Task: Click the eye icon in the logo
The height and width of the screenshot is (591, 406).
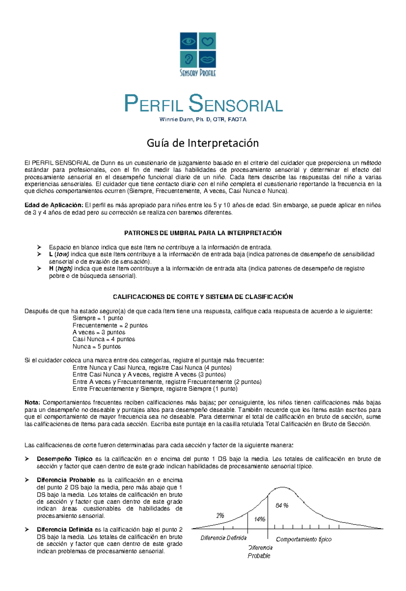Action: pos(188,41)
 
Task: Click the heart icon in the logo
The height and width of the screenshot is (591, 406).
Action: pos(207,41)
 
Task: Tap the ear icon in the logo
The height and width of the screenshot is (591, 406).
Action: pos(188,60)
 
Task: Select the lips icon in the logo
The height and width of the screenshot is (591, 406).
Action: pos(207,60)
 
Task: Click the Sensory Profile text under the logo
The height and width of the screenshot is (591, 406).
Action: pos(198,73)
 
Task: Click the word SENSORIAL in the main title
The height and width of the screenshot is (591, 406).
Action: pos(236,105)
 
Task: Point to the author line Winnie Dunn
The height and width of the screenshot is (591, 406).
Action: pos(203,119)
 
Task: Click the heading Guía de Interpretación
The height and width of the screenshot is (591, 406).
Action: pos(203,143)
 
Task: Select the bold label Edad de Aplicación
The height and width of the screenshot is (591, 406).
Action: pos(53,205)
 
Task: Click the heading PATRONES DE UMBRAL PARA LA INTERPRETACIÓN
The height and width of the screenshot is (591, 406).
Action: pos(203,233)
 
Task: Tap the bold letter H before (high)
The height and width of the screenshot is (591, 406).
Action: pos(51,269)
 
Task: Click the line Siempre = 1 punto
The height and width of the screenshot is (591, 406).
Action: pos(98,318)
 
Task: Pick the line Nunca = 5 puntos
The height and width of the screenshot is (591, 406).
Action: pos(96,346)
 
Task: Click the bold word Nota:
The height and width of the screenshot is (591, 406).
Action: pos(32,403)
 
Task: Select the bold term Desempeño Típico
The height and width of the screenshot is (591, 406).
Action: pos(65,459)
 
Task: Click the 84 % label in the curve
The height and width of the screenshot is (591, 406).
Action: pos(282,505)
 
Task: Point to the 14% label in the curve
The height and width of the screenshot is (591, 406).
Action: pos(260,519)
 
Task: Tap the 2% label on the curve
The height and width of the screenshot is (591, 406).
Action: pos(220,516)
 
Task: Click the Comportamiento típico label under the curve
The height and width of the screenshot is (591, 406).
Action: pos(303,539)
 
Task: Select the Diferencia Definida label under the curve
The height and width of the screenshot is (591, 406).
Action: pos(223,538)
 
